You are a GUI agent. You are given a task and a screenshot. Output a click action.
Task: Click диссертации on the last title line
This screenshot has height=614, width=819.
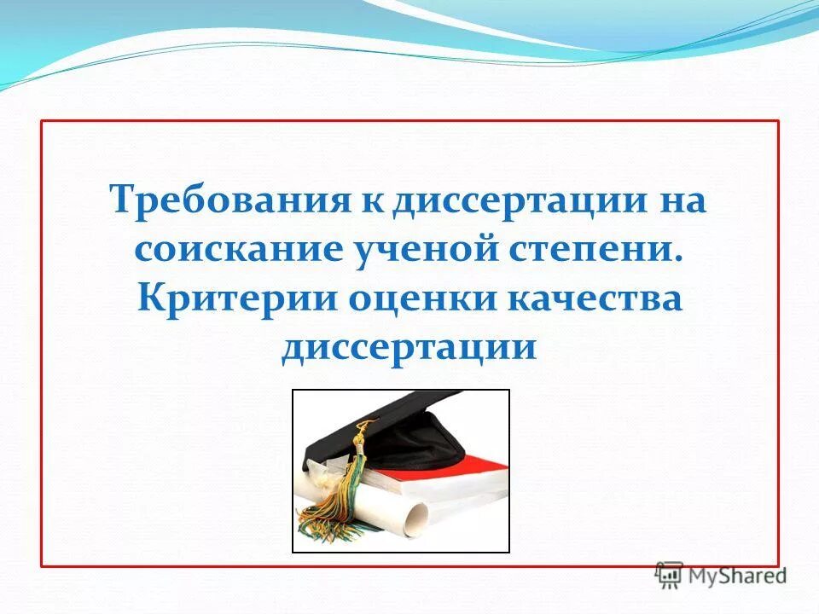409,348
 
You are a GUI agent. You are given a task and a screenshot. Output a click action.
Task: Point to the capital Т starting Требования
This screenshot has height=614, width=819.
121,201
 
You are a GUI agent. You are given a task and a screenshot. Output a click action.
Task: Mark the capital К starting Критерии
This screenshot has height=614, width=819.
148,299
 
